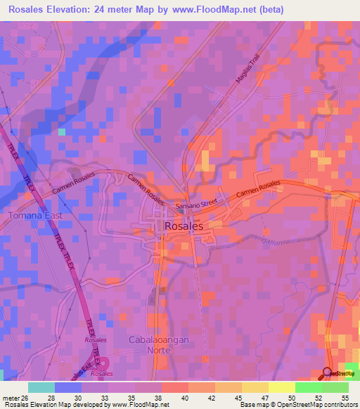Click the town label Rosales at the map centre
pyautogui.click(x=184, y=226)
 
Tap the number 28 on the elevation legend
pyautogui.click(x=50, y=398)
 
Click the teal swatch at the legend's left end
pyautogui.click(x=41, y=387)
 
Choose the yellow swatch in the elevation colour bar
pyautogui.click(x=281, y=387)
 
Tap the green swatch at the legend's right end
pyautogui.click(x=335, y=387)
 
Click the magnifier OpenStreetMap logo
pyautogui.click(x=328, y=372)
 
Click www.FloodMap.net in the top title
pyautogui.click(x=215, y=9)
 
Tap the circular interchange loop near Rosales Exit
pyautogui.click(x=104, y=363)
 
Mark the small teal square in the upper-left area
pyautogui.click(x=62, y=131)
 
